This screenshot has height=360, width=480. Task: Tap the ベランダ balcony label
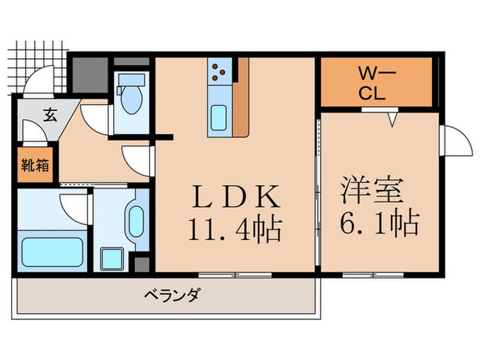coord(172,296)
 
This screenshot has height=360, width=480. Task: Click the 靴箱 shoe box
coord(34,166)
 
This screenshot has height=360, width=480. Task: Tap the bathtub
coord(53,252)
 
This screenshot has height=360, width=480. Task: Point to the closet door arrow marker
coord(392,119)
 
